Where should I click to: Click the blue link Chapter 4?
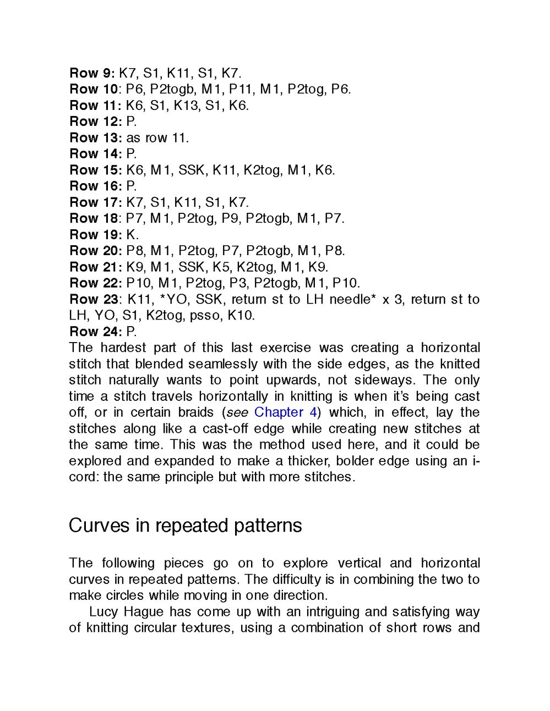coord(286,412)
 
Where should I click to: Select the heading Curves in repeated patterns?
coord(185,526)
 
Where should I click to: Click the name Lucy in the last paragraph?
coord(105,611)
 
